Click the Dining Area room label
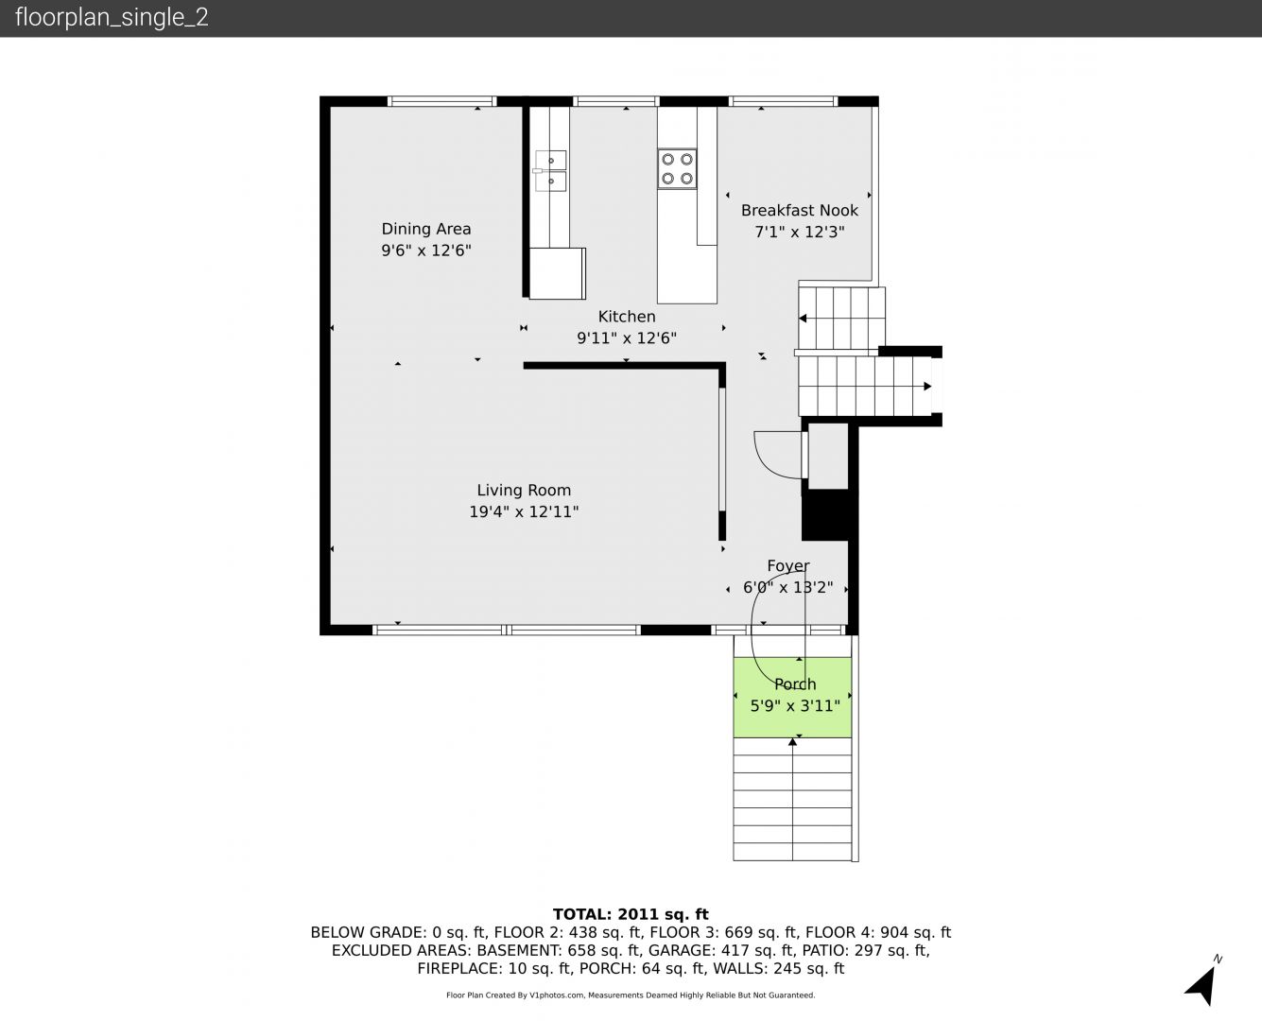pos(426,229)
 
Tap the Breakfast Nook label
pos(800,211)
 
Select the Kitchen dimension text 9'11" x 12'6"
pos(626,337)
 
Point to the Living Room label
pos(524,491)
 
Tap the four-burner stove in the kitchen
pos(677,169)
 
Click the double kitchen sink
pos(550,171)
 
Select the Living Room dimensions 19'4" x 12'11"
pos(524,511)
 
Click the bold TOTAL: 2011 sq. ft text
pos(631,914)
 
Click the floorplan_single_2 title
pos(112,18)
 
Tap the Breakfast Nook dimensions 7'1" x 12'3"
pos(800,232)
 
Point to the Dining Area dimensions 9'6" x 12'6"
pos(426,251)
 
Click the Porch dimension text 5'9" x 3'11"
pos(795,706)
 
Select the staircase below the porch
pos(792,800)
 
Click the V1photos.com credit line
pos(631,995)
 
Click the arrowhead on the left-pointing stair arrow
pos(803,319)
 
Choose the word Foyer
pos(788,566)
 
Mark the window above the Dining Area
pos(442,101)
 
